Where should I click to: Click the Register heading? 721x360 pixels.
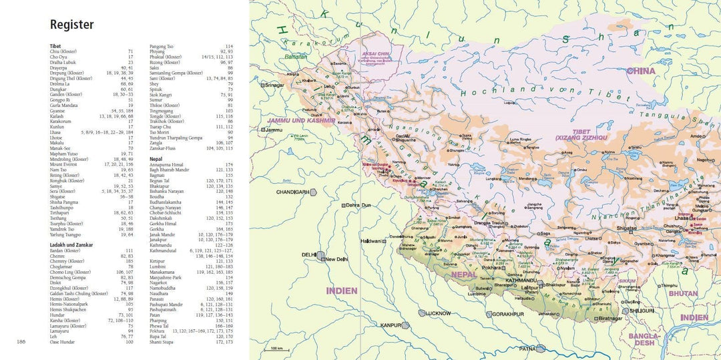click(x=72, y=25)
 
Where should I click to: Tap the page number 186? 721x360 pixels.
click(x=21, y=342)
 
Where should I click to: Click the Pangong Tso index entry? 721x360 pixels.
click(x=162, y=46)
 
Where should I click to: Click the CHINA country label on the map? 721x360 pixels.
click(x=641, y=71)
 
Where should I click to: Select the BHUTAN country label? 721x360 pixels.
click(x=683, y=293)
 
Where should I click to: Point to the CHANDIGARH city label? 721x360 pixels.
click(x=293, y=192)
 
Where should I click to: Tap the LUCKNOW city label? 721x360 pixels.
click(x=438, y=313)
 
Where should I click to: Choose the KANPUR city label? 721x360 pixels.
click(x=390, y=325)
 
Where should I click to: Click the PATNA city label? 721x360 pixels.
click(x=528, y=348)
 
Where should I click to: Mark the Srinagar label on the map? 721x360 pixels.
click(x=273, y=85)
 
